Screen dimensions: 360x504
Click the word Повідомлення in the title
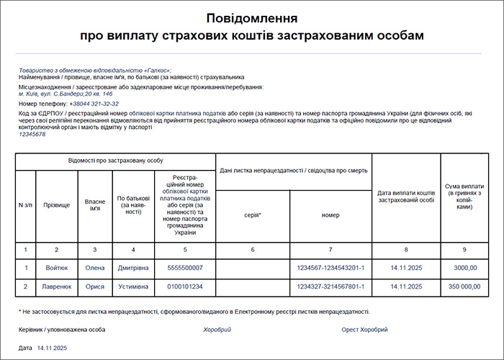(252, 18)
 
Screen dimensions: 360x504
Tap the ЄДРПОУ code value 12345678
(32, 134)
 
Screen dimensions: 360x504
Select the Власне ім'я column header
(95, 205)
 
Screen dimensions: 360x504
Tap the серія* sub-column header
(252, 215)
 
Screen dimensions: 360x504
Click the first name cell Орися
(95, 287)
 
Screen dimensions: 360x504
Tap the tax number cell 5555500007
(185, 268)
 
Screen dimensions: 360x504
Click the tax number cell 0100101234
(185, 287)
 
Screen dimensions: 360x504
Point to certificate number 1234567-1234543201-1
(330, 268)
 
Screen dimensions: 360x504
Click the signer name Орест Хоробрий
(365, 329)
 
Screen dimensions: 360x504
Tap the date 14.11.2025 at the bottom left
(52, 348)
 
